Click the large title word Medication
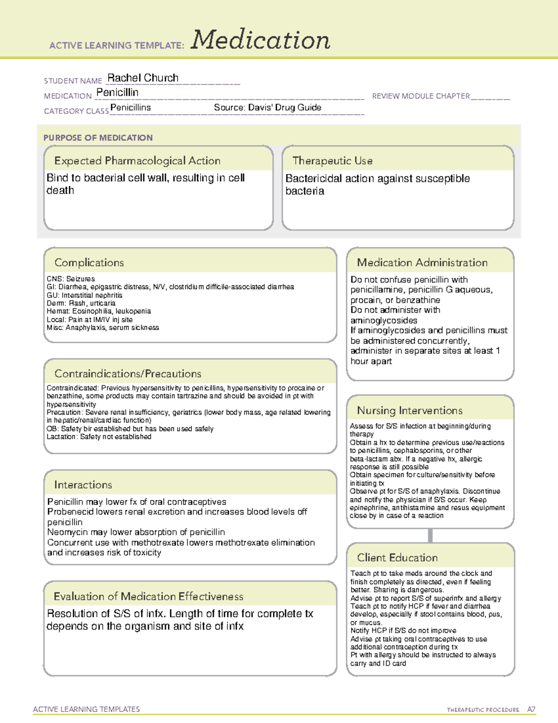260,40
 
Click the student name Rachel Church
143,78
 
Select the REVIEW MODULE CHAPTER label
421,96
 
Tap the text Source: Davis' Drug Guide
267,108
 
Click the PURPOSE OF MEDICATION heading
98,138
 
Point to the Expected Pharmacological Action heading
137,161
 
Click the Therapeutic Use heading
332,161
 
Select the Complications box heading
89,263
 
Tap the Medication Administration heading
422,263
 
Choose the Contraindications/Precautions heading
128,373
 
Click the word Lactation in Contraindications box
61,437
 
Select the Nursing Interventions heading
410,411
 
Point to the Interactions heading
83,485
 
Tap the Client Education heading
397,558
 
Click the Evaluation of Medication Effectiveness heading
148,596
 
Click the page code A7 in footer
531,709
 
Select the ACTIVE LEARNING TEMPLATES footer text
86,709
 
